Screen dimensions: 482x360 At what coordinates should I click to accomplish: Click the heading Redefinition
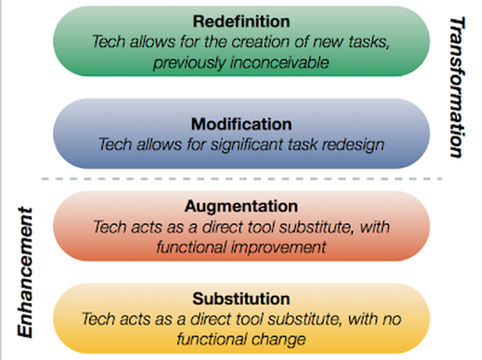pyautogui.click(x=241, y=22)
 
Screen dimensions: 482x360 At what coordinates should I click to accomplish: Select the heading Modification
pyautogui.click(x=241, y=124)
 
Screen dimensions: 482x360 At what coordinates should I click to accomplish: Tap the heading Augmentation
pyautogui.click(x=241, y=207)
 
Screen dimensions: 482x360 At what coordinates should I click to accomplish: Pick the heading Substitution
pyautogui.click(x=241, y=299)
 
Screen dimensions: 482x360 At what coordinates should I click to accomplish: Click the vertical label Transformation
pyautogui.click(x=457, y=87)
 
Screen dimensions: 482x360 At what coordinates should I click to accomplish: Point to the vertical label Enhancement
pyautogui.click(x=25, y=273)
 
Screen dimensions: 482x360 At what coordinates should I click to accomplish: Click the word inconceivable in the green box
pyautogui.click(x=280, y=62)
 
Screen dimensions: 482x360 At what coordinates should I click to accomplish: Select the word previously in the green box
pyautogui.click(x=189, y=63)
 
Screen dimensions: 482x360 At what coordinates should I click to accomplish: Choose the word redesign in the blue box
pyautogui.click(x=352, y=145)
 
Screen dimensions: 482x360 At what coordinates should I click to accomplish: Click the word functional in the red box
pyautogui.click(x=191, y=247)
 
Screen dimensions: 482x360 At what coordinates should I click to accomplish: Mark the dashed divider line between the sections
pyautogui.click(x=242, y=179)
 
